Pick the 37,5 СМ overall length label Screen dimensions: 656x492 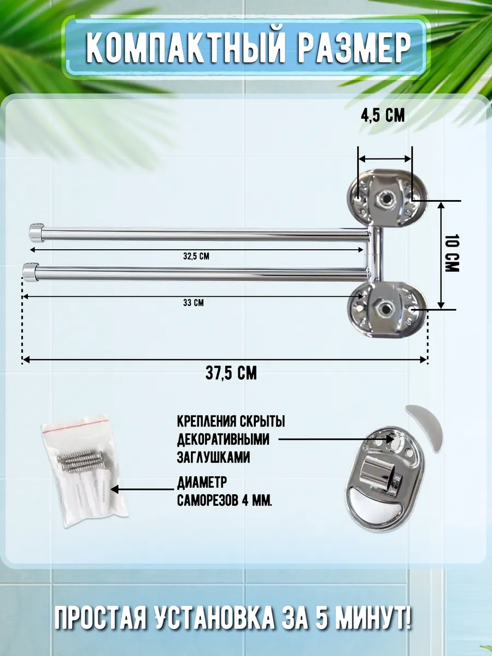tap(231, 373)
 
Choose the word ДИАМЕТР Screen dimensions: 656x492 tap(202, 482)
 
